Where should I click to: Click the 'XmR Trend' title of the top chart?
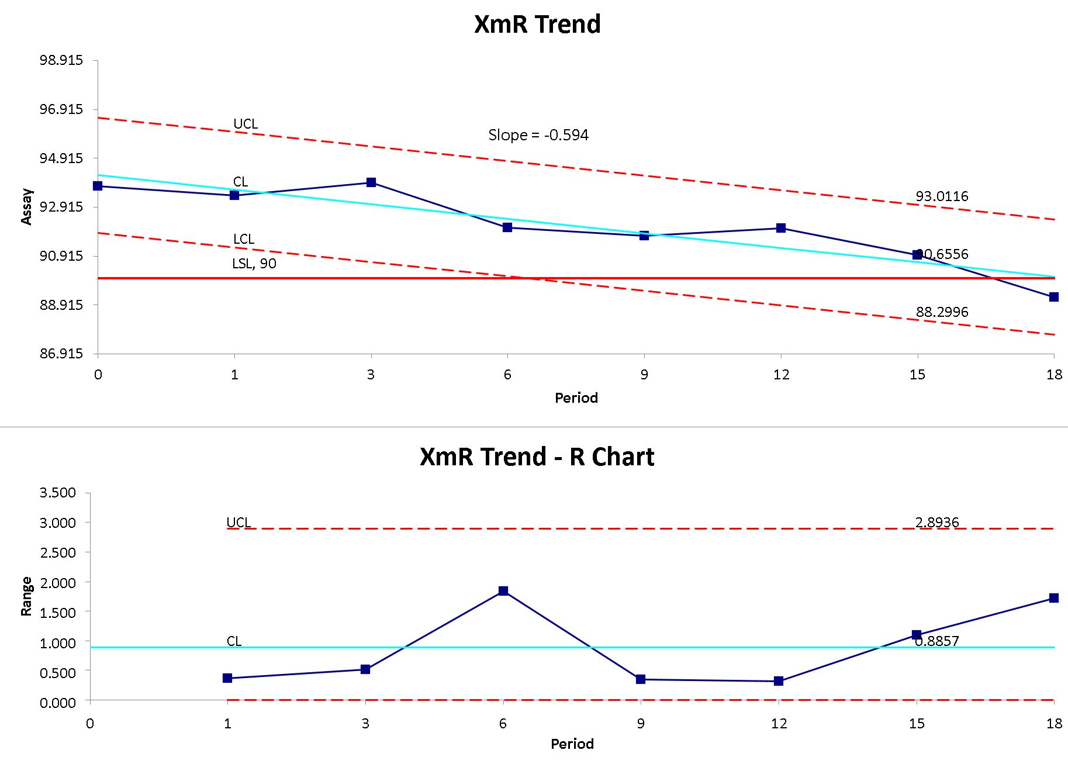[537, 25]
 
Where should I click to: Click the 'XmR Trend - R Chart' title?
[537, 457]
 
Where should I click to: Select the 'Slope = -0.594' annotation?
[538, 135]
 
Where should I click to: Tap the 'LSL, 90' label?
[254, 264]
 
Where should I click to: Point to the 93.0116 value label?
[942, 196]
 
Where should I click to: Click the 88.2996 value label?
[942, 312]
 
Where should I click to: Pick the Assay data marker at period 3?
[371, 182]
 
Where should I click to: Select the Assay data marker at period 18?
[1053, 297]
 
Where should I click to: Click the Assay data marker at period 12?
[781, 227]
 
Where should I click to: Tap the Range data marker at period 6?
[503, 591]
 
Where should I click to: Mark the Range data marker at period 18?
[1053, 598]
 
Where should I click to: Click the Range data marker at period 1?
[227, 678]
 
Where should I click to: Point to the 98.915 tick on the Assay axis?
[61, 61]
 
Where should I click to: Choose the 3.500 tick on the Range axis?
[57, 493]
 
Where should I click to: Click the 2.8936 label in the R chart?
[936, 522]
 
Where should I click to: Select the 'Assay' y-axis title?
[27, 206]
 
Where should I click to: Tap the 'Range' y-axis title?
[26, 596]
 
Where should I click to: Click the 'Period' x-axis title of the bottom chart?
[572, 744]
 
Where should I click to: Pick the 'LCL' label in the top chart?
[243, 239]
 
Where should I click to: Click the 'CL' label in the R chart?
[234, 641]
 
